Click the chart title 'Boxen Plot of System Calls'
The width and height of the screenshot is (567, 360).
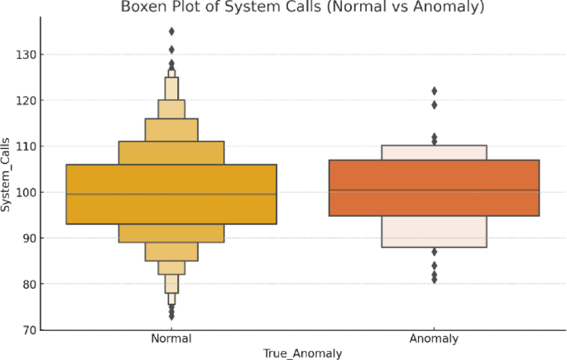click(302, 7)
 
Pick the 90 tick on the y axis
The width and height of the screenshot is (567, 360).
click(26, 238)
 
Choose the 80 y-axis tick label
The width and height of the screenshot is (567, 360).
click(26, 284)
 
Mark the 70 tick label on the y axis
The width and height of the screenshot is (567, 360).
click(26, 330)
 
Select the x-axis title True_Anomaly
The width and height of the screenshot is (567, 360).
click(302, 353)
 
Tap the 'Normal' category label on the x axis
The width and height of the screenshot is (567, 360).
click(171, 339)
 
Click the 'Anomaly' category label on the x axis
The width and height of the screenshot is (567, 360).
click(434, 339)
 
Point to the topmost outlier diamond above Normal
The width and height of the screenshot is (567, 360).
click(171, 31)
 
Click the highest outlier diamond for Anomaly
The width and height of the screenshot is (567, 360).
click(434, 91)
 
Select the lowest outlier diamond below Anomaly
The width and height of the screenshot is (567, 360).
click(434, 280)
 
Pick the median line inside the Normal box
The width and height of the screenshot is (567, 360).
click(171, 194)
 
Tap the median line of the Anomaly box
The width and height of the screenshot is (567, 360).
click(434, 190)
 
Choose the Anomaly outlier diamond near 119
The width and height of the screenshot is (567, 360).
click(434, 105)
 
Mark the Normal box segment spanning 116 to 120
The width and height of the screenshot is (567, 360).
click(171, 109)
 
